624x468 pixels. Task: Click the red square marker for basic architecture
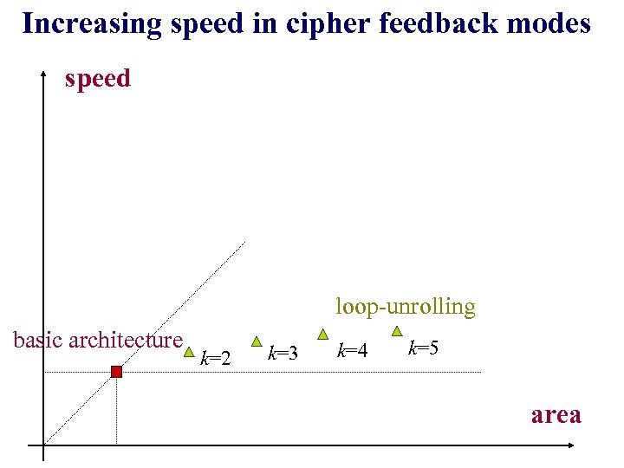(x=116, y=372)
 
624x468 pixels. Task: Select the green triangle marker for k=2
(x=189, y=353)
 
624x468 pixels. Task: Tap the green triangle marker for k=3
(x=256, y=341)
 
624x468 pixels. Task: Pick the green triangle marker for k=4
(x=322, y=334)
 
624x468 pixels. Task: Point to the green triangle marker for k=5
(x=397, y=330)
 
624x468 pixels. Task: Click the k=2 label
(x=216, y=356)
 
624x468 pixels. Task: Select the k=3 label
(x=283, y=353)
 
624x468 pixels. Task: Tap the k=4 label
(x=352, y=350)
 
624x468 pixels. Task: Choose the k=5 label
(x=423, y=348)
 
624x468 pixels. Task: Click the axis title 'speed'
(x=98, y=79)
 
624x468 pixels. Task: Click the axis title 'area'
(x=556, y=414)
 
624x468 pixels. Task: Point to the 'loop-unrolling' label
(x=406, y=306)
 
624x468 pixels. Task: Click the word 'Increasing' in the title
(x=91, y=23)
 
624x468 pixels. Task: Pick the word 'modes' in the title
(x=550, y=23)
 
